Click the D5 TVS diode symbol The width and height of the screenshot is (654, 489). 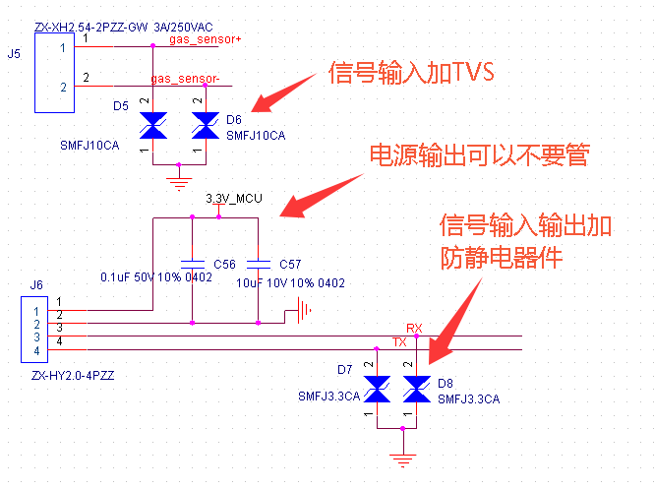[x=153, y=125]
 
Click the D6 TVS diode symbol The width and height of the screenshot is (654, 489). [x=206, y=125]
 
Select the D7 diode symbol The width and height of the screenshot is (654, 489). [x=377, y=389]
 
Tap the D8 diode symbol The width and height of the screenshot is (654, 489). [x=417, y=389]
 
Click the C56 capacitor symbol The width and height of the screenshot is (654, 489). [x=193, y=264]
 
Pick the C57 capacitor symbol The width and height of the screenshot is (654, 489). [x=259, y=264]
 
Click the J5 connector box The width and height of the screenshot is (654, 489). [x=55, y=73]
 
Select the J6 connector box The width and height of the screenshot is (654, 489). [x=34, y=330]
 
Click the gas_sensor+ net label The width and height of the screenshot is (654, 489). [x=205, y=39]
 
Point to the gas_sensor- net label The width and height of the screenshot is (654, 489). [x=185, y=79]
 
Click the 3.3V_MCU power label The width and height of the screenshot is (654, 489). [x=234, y=198]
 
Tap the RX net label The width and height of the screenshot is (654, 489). [x=414, y=329]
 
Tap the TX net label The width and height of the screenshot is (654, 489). [x=399, y=342]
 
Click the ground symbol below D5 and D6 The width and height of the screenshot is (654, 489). [x=179, y=184]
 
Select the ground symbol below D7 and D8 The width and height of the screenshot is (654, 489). [x=403, y=460]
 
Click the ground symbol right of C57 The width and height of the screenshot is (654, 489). [x=304, y=311]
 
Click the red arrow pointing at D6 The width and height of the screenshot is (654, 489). [x=283, y=93]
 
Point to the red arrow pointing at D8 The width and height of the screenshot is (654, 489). [x=455, y=321]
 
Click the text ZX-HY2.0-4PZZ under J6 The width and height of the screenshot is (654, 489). [x=73, y=376]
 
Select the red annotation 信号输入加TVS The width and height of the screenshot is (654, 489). [x=411, y=72]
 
